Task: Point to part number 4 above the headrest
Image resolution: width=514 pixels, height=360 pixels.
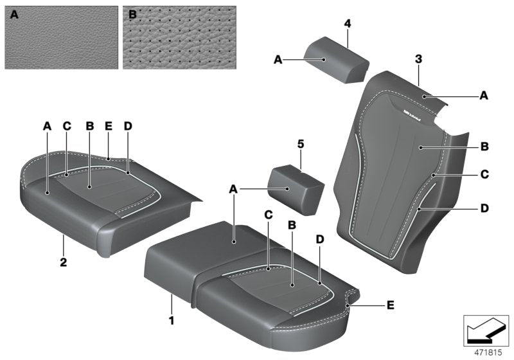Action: click(x=347, y=24)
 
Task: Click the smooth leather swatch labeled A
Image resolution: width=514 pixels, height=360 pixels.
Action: click(x=62, y=37)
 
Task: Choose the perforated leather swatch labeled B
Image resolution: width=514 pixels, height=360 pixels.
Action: click(x=179, y=37)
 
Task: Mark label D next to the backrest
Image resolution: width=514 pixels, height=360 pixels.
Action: click(x=484, y=208)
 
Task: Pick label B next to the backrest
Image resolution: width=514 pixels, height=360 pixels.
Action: click(x=484, y=147)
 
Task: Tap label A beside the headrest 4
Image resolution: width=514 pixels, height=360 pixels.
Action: click(x=278, y=59)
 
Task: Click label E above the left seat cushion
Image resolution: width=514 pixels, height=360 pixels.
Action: click(x=109, y=127)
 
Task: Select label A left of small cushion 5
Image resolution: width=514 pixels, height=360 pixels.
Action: click(x=234, y=189)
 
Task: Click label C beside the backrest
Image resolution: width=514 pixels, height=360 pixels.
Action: click(x=484, y=174)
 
